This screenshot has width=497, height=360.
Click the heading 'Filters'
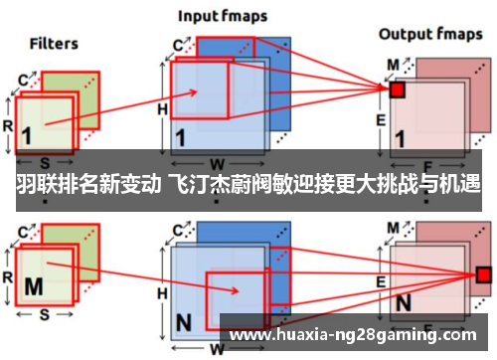(x=54, y=44)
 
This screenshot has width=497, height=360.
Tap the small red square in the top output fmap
(x=397, y=90)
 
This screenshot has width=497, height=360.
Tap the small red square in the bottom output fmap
(x=483, y=273)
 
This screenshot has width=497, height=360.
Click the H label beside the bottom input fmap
(x=162, y=267)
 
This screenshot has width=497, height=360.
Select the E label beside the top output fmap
(x=379, y=120)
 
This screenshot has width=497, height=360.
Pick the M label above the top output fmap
(x=393, y=63)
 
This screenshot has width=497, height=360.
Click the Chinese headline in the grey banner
(x=248, y=184)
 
